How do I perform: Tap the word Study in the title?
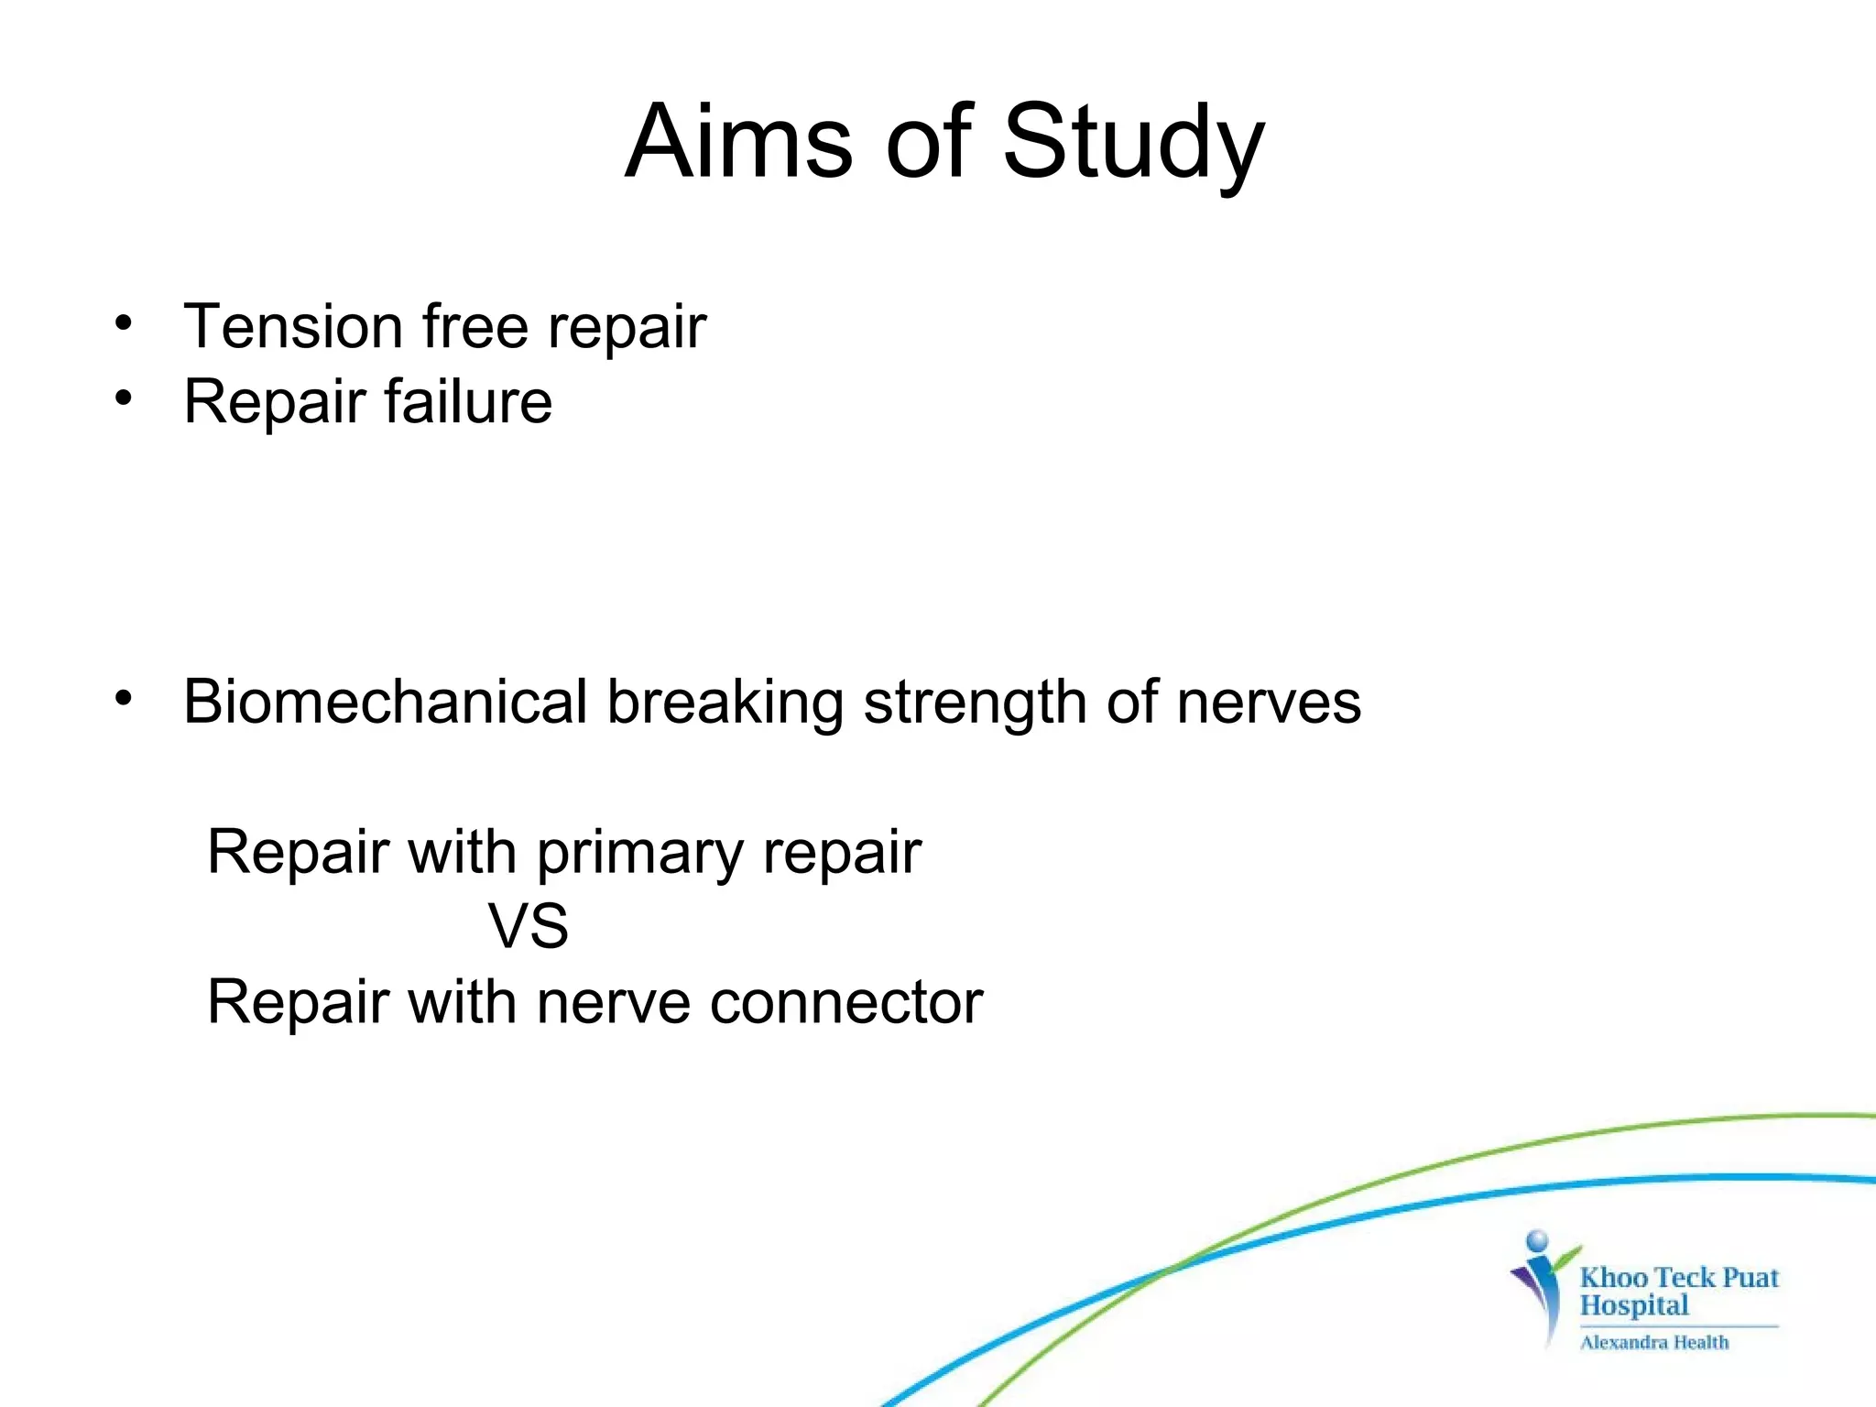(1133, 142)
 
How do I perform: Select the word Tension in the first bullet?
(292, 326)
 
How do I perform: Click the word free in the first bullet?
(474, 326)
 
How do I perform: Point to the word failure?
(468, 401)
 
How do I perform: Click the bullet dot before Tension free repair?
(124, 322)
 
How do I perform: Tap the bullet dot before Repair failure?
(124, 398)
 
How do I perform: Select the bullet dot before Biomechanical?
(124, 698)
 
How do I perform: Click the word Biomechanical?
(385, 702)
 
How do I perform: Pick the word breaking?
(725, 703)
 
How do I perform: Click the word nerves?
(1269, 703)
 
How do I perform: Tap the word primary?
(638, 854)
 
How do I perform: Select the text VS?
(528, 926)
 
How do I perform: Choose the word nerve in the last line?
(613, 1002)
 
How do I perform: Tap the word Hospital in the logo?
(1633, 1305)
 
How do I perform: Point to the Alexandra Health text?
(1654, 1342)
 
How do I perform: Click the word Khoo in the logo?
(1613, 1277)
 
